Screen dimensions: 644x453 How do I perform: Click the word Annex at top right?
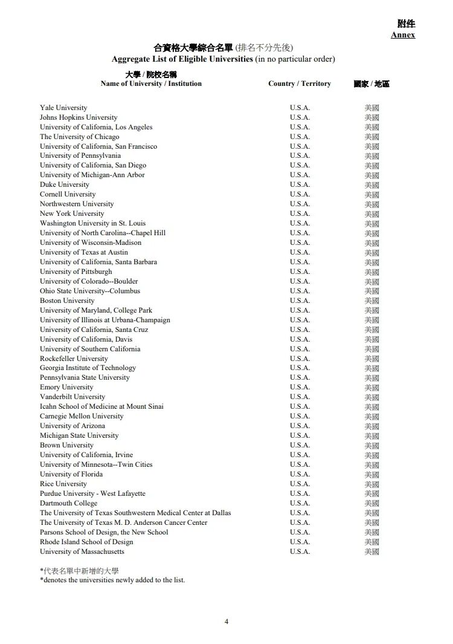(x=403, y=35)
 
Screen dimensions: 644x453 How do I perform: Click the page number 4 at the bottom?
(x=226, y=621)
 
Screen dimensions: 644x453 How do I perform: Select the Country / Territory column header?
(x=300, y=83)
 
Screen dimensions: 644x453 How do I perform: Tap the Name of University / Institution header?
(x=151, y=83)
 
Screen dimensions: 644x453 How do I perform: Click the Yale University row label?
(x=63, y=108)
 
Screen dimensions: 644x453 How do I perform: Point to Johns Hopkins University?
(x=79, y=117)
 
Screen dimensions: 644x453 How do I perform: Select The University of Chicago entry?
(x=80, y=137)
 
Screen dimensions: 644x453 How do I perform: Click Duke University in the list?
(x=65, y=184)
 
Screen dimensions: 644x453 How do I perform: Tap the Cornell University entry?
(x=68, y=194)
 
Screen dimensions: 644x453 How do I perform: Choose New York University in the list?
(x=72, y=213)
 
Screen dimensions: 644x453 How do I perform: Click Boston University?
(x=67, y=301)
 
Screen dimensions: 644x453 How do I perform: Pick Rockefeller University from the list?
(x=74, y=358)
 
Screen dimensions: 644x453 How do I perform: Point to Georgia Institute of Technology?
(x=88, y=368)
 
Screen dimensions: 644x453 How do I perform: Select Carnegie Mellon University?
(x=82, y=416)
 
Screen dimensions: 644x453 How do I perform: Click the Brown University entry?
(x=66, y=445)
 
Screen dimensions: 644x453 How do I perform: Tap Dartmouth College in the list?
(x=68, y=503)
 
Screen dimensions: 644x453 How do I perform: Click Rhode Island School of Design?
(x=86, y=542)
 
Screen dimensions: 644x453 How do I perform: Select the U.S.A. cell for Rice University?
(x=300, y=484)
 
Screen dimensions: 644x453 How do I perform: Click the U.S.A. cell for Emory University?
(x=300, y=387)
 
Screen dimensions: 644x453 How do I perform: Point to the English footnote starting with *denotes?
(x=112, y=580)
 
